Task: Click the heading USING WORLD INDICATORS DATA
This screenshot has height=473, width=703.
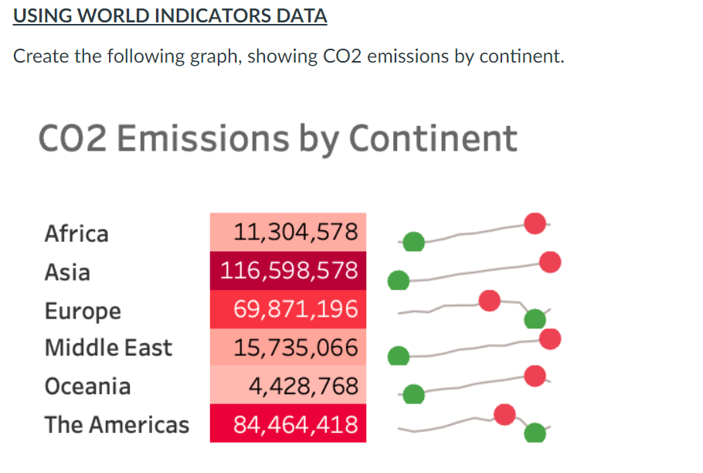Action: pyautogui.click(x=170, y=15)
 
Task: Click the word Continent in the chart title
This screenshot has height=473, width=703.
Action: pyautogui.click(x=433, y=138)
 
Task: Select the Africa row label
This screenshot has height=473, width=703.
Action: pyautogui.click(x=76, y=233)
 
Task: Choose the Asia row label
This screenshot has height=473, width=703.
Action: pyautogui.click(x=67, y=272)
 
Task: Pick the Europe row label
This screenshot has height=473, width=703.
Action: pyautogui.click(x=83, y=311)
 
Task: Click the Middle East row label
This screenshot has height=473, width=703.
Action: pyautogui.click(x=108, y=348)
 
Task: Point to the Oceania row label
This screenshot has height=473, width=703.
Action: pyautogui.click(x=87, y=386)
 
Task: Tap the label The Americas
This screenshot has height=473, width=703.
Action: pyautogui.click(x=117, y=424)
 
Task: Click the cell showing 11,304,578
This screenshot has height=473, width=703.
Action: pyautogui.click(x=288, y=232)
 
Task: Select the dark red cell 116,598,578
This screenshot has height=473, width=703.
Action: pyautogui.click(x=288, y=271)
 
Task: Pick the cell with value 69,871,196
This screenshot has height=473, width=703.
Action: pyautogui.click(x=288, y=309)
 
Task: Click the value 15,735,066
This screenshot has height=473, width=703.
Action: pyautogui.click(x=288, y=348)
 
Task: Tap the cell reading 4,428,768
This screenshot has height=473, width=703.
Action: pyautogui.click(x=288, y=386)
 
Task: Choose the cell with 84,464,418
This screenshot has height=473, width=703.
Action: pyautogui.click(x=288, y=424)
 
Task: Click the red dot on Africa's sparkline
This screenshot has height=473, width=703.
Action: pyautogui.click(x=535, y=223)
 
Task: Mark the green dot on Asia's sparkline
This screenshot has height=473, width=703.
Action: pyautogui.click(x=399, y=280)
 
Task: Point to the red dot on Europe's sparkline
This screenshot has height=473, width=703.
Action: pyautogui.click(x=489, y=301)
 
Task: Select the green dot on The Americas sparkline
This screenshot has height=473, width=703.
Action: pyautogui.click(x=535, y=433)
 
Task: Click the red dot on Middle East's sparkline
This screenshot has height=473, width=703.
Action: pyautogui.click(x=550, y=339)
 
